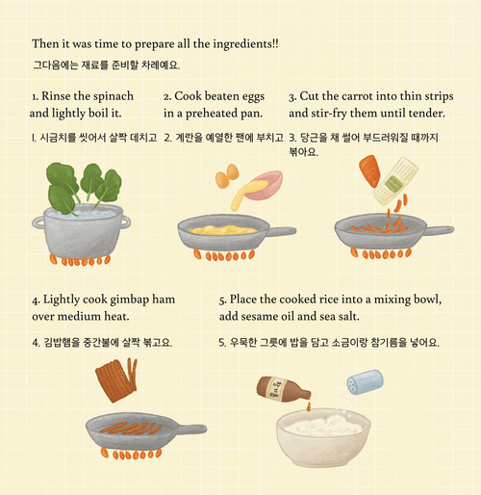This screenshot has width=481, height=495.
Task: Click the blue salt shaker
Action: point(365,382)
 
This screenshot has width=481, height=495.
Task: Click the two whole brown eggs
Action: point(227,176)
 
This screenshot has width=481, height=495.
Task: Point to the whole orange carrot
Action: point(369,171)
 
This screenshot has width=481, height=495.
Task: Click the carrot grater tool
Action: point(395,181)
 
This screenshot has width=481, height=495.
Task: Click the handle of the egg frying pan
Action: point(282,231)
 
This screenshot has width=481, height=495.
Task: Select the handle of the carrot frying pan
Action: point(440,230)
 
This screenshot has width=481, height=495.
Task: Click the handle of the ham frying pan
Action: point(191,430)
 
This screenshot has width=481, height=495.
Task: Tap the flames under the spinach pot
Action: point(80,260)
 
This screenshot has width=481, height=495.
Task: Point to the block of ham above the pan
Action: point(116,379)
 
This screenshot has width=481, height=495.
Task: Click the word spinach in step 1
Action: point(114,96)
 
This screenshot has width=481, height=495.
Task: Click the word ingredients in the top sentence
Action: point(245,44)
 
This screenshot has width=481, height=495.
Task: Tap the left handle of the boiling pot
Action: point(38,222)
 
